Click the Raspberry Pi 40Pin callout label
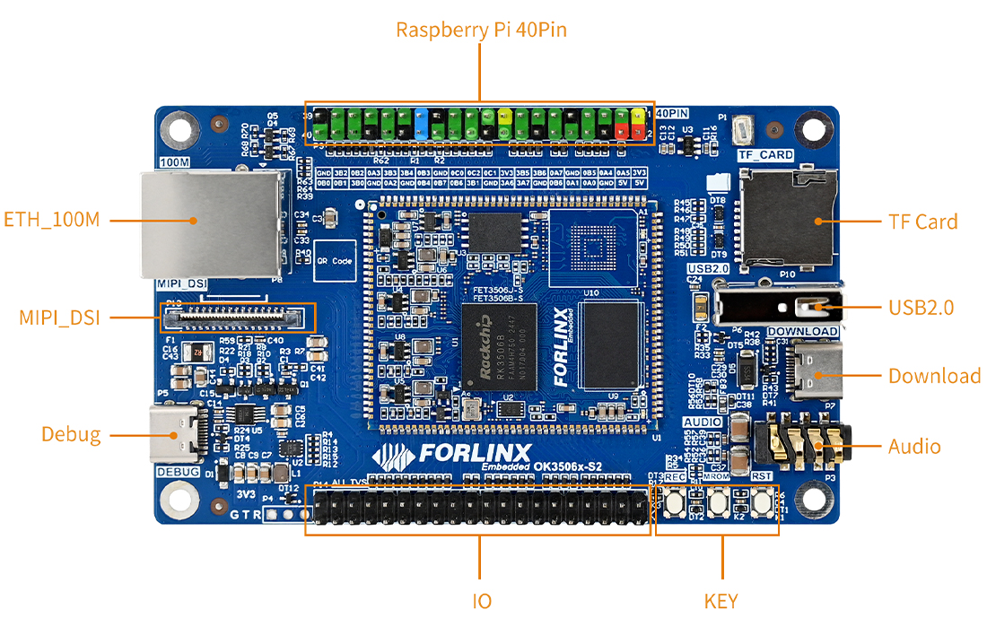point(481,30)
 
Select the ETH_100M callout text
point(52,220)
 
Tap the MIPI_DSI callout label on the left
point(60,318)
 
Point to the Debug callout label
point(71,435)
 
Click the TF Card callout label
point(923,222)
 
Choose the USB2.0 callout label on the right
point(921,308)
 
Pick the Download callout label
point(934,376)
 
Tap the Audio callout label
point(914,447)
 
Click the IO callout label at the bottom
point(482,601)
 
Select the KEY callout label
point(721,601)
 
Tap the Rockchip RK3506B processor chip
point(500,348)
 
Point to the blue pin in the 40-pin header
point(422,123)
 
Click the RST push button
point(763,503)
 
